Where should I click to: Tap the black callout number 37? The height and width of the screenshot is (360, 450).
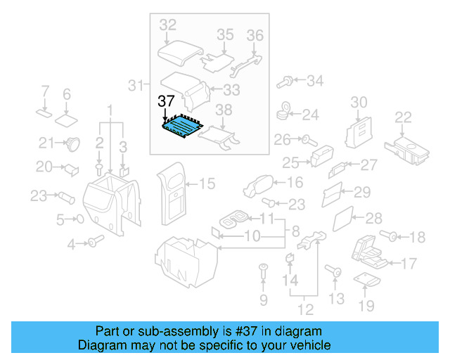(166, 101)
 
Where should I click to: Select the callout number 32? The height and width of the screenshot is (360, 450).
(168, 26)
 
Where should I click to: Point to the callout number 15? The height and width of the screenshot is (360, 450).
(206, 184)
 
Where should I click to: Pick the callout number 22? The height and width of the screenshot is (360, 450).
(403, 117)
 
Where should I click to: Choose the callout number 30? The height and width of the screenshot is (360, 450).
(359, 102)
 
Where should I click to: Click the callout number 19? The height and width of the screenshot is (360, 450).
(366, 306)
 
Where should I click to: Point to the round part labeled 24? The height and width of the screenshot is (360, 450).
(287, 110)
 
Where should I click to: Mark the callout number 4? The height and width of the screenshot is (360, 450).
(71, 244)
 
